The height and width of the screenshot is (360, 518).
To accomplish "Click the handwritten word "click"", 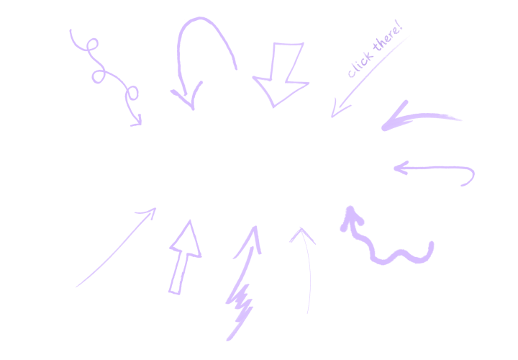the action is [x=360, y=65].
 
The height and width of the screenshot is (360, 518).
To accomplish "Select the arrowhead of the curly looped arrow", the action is [x=137, y=121].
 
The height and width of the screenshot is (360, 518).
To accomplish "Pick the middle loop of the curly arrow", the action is [x=98, y=76].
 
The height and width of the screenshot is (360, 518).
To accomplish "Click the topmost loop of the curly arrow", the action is [x=93, y=45].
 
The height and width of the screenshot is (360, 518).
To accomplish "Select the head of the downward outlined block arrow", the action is [x=281, y=93].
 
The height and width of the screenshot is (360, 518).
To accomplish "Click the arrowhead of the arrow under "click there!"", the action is [x=340, y=108].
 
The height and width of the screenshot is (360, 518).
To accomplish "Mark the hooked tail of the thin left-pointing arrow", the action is [x=469, y=177].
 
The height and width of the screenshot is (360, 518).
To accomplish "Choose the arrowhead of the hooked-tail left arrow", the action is [x=401, y=168].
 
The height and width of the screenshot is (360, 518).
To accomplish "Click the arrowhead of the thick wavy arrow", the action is [x=352, y=219].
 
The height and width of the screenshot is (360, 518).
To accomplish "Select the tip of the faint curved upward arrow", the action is [x=301, y=228].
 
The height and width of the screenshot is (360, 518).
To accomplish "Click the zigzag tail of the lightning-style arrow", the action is [x=240, y=312].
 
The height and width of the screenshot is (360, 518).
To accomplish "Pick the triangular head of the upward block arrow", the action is [x=187, y=240].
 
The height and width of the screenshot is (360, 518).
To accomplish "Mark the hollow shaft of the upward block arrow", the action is [x=178, y=273].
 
